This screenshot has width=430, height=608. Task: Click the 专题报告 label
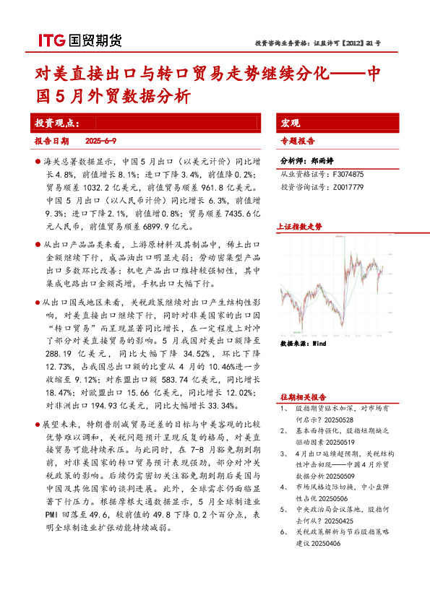tap(298, 142)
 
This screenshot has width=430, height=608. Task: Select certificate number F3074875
tap(348, 175)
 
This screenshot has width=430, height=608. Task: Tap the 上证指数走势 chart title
tap(301, 227)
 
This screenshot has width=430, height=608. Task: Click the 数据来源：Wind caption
tap(303, 344)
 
